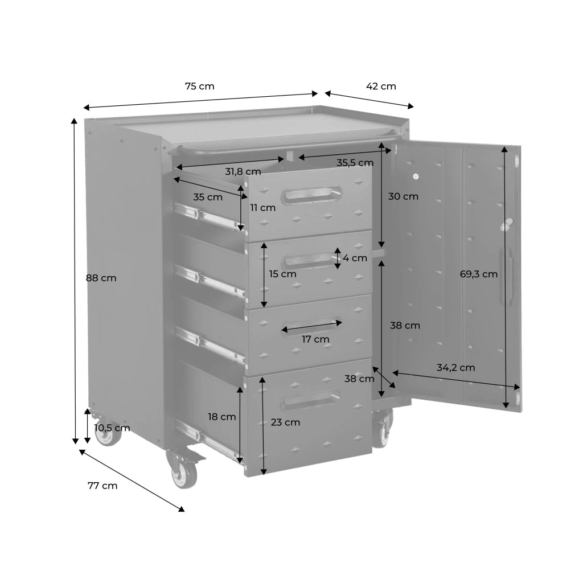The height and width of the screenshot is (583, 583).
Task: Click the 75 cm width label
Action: pyautogui.click(x=200, y=87)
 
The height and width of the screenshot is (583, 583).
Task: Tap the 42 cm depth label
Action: pyautogui.click(x=381, y=87)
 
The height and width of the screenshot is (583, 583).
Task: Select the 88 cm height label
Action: pyautogui.click(x=101, y=278)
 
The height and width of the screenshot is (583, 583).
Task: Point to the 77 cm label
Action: pyautogui.click(x=102, y=486)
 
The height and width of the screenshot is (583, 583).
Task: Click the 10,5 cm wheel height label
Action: pyautogui.click(x=112, y=428)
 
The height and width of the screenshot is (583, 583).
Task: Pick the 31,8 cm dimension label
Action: pyautogui.click(x=243, y=172)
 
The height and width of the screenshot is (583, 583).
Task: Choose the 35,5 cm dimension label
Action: pyautogui.click(x=355, y=163)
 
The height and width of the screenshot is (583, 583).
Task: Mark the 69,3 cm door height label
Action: pyautogui.click(x=478, y=274)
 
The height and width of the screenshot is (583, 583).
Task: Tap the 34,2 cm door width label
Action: pyautogui.click(x=456, y=368)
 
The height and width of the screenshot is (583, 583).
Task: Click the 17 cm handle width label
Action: pyautogui.click(x=315, y=339)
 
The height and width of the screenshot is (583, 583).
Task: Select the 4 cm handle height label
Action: pyautogui.click(x=355, y=258)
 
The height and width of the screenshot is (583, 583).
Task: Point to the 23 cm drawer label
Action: pyautogui.click(x=285, y=422)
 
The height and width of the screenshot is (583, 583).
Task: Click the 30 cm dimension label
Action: pyautogui.click(x=404, y=196)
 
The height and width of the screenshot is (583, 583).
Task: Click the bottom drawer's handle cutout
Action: pyautogui.click(x=310, y=400)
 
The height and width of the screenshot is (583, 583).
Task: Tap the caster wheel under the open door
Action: pyautogui.click(x=382, y=428)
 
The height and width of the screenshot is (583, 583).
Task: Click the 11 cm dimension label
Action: pyautogui.click(x=263, y=208)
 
